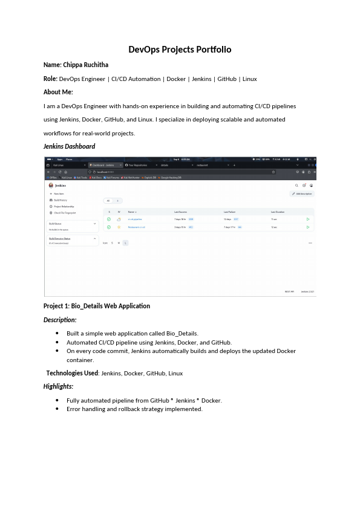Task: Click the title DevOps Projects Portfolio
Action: click(180, 50)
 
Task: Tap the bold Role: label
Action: click(50, 79)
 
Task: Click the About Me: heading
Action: click(58, 92)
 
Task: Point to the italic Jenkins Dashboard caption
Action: click(69, 146)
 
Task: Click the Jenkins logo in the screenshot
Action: click(51, 186)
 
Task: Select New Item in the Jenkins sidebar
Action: click(59, 193)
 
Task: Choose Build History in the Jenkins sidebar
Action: click(60, 200)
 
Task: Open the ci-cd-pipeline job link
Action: click(135, 219)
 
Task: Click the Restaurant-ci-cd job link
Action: click(136, 227)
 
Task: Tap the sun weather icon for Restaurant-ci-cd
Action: click(119, 227)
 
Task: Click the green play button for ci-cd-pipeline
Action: click(308, 219)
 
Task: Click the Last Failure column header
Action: click(230, 212)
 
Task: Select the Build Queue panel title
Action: click(55, 223)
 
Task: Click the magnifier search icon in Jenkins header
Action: click(296, 186)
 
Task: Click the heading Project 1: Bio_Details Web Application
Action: click(97, 306)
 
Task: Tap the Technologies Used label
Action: click(72, 373)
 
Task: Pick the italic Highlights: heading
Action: click(58, 386)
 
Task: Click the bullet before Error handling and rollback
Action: click(57, 409)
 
